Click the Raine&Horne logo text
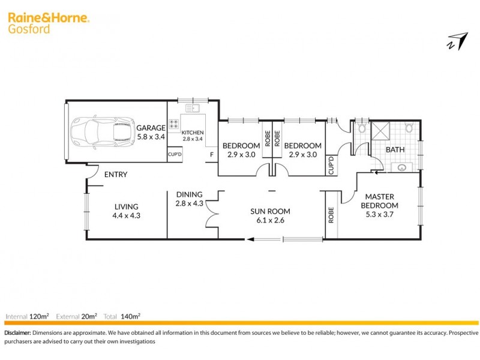click(x=49, y=19)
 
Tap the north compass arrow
click(x=457, y=41)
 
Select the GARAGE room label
click(x=150, y=128)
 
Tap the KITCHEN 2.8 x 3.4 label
click(x=193, y=136)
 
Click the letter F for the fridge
click(x=211, y=155)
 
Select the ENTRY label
click(x=116, y=175)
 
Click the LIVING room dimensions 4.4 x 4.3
click(x=127, y=215)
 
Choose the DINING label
click(x=189, y=194)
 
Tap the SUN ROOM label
click(x=271, y=211)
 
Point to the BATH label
click(x=395, y=149)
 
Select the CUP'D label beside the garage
click(x=175, y=155)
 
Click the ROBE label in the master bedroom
click(x=331, y=215)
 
